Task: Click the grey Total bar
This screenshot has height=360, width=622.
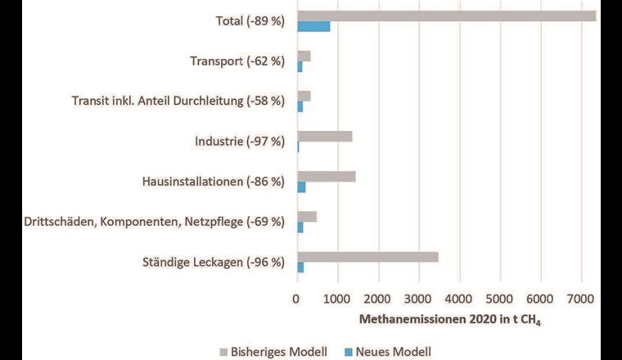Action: point(446,16)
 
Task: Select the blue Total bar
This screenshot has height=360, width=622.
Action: point(313,26)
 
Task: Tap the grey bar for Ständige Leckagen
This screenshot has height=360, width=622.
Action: point(367,257)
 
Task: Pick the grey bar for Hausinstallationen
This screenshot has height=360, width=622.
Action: point(326,176)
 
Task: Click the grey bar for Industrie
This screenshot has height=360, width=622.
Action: point(324,136)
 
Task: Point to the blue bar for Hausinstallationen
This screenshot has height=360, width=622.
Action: point(301,187)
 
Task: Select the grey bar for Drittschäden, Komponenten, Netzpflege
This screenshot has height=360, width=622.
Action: point(307,216)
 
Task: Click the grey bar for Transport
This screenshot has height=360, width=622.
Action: point(304,56)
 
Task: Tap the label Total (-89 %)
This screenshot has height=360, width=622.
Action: point(243,21)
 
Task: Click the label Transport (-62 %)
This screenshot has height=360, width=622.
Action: point(237,61)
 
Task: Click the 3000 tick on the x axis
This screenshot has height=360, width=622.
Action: point(418,299)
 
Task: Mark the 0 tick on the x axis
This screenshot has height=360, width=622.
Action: point(297,299)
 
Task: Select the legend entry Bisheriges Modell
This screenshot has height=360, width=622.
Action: point(274,352)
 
